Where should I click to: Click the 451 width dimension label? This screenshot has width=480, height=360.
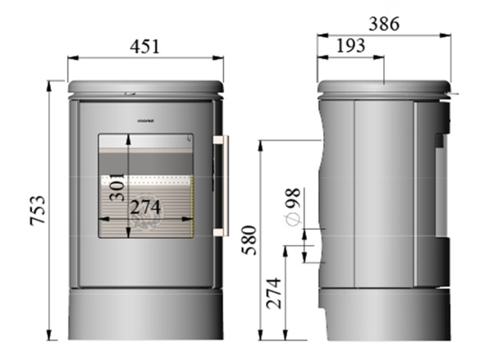coord(144,46)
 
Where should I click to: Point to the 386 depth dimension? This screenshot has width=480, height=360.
coord(383,24)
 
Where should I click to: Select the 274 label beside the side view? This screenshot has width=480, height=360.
coord(275,296)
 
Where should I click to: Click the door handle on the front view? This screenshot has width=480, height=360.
coord(221,186)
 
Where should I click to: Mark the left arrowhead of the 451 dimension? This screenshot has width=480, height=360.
coord(71,57)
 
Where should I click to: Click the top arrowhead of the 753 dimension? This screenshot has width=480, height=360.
coord(57,84)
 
